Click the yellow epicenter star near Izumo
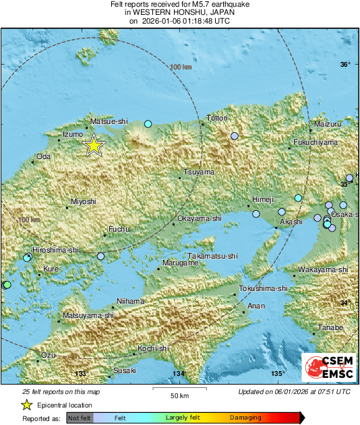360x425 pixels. coord(94,145)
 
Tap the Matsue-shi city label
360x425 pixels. coord(109,122)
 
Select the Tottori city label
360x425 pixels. coord(217,119)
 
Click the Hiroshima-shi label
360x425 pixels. coord(51,250)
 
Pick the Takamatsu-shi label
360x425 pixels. coord(213,257)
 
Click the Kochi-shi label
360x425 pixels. coord(153,348)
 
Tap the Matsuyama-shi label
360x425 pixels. coord(88,315)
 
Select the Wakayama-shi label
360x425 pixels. coord(323,269)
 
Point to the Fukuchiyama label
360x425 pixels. coord(315,143)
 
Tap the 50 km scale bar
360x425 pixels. coord(179,389)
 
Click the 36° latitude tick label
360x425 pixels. coord(345,65)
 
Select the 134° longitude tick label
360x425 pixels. coord(178,374)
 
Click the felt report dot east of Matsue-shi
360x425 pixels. coord(148,124)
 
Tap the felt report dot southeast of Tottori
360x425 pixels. coord(235,136)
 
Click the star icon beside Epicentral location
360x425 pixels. coord(27,405)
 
